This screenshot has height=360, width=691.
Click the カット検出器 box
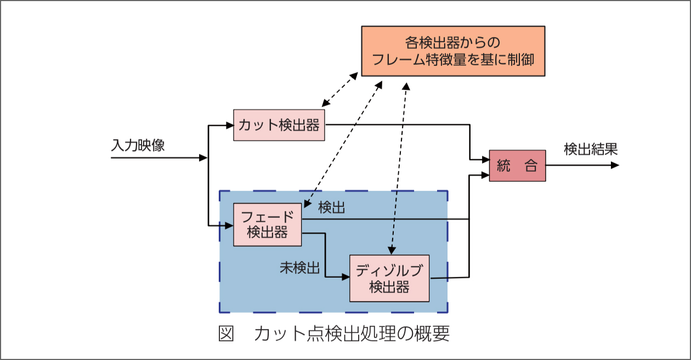point(279,125)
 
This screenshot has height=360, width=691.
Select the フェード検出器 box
point(268,224)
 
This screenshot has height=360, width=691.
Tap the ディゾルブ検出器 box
point(389,278)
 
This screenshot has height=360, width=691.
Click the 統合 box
point(517,166)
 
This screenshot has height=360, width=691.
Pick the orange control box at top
point(452,50)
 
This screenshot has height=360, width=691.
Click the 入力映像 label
point(138,145)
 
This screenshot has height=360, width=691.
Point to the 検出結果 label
point(591,149)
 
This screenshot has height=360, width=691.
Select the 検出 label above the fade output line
point(332,207)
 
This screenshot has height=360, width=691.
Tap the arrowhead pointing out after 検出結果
point(615,165)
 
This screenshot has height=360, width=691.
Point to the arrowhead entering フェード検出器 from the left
point(229,225)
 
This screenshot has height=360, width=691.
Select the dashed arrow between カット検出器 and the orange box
point(341,91)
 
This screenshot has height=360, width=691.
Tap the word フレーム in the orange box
point(398,59)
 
